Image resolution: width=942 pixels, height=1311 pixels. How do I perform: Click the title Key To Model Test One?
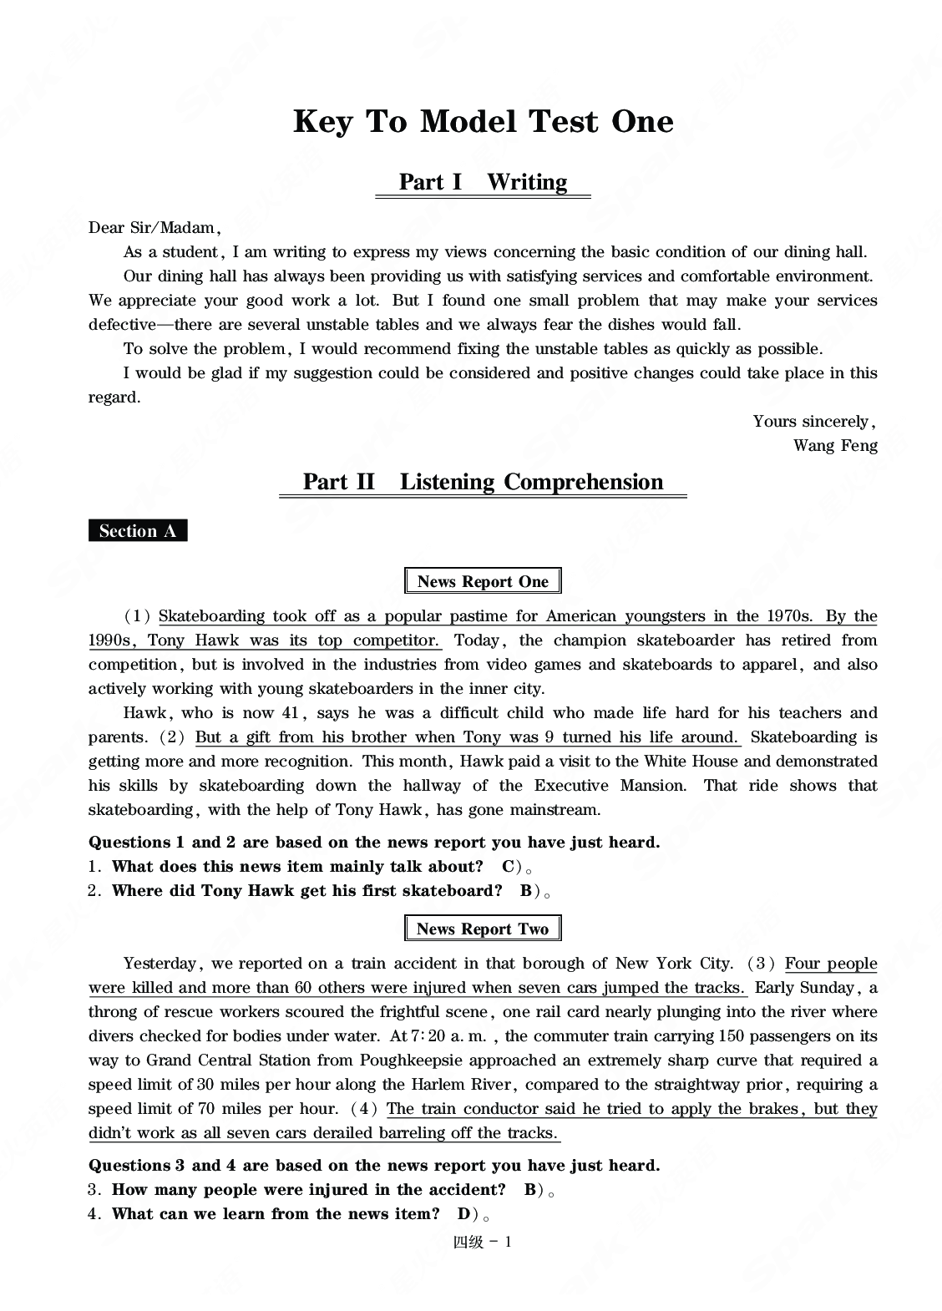pos(483,122)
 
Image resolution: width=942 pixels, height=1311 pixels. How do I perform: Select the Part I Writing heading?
pos(483,182)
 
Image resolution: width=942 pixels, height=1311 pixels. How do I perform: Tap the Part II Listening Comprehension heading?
pos(483,482)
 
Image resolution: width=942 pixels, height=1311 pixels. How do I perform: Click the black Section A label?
pos(138,531)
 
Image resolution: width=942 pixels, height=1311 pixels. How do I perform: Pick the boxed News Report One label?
pos(483,582)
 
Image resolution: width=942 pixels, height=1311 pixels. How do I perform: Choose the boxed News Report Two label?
pos(483,929)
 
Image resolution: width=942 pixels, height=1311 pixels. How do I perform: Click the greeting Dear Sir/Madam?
pos(154,228)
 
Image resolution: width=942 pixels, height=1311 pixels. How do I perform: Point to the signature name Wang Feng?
pos(835,445)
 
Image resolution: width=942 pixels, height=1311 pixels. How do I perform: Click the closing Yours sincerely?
pos(813,421)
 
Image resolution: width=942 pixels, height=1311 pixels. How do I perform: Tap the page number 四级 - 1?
pos(482,1242)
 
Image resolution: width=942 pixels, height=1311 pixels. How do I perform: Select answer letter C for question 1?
pos(508,867)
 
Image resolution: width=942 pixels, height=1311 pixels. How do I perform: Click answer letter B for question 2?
pos(526,891)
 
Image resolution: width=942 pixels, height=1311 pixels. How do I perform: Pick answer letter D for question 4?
pos(464,1214)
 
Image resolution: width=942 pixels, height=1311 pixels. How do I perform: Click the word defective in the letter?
pos(122,325)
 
